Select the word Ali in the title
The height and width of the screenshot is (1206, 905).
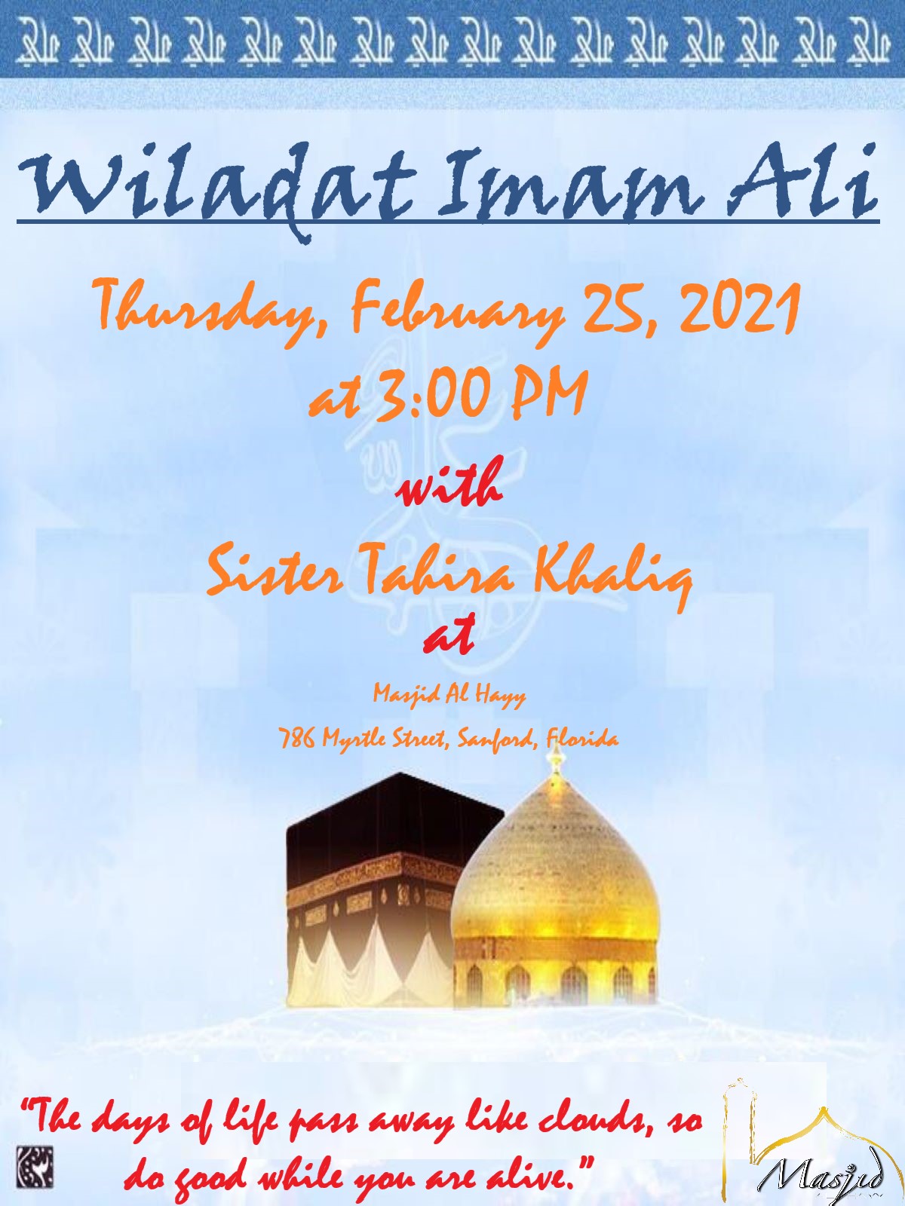coord(802,182)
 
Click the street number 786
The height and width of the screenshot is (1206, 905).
coord(297,738)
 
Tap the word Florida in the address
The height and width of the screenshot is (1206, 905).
coord(582,738)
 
